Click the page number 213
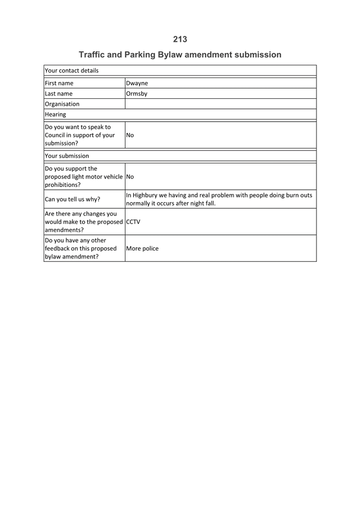tap(180, 39)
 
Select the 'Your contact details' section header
tap(71, 71)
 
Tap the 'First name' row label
tap(59, 83)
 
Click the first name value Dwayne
tap(137, 83)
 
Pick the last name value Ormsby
tap(137, 94)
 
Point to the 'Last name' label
tap(59, 94)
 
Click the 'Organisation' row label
tap(63, 104)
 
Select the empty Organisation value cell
tap(220, 104)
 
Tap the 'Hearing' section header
tap(55, 114)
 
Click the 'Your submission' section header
tap(67, 156)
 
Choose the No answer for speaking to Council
tap(130, 135)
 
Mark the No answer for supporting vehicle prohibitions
tap(130, 176)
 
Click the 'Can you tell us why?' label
tap(73, 199)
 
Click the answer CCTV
tap(133, 221)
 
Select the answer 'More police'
tap(142, 249)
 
